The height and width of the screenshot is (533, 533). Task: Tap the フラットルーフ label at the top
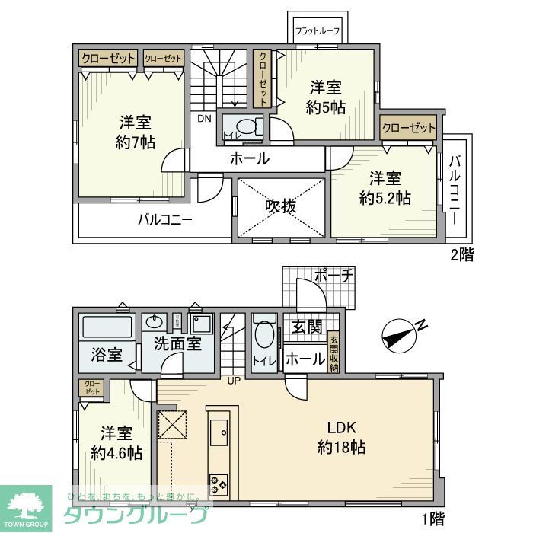(316, 31)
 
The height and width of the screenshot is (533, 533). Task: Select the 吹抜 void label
(281, 206)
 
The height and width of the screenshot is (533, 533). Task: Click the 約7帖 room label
(137, 132)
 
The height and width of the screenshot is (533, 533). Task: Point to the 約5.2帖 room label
(385, 188)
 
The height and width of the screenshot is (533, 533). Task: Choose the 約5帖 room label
(325, 97)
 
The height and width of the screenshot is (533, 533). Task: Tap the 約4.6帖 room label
(116, 443)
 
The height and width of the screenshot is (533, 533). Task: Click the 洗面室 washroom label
(177, 343)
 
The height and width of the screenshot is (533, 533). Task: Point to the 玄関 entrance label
(308, 327)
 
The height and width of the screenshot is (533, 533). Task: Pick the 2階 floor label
(461, 255)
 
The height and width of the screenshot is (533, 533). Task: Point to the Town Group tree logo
(25, 505)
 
